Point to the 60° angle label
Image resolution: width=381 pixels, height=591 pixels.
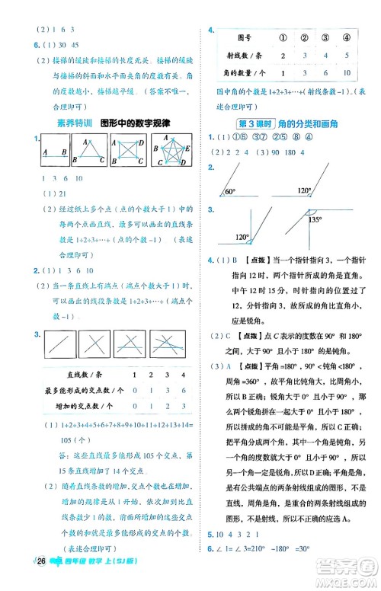point(231,214)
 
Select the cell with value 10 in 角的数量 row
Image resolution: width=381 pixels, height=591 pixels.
point(346,73)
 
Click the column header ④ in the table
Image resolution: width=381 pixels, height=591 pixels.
point(346,36)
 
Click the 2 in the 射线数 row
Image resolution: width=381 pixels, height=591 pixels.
point(283,55)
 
